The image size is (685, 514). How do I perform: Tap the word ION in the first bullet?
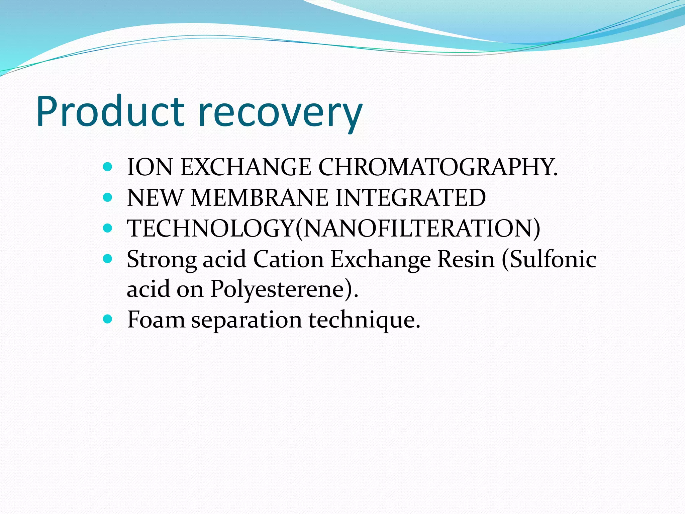point(150,167)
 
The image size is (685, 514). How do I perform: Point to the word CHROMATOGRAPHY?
point(438,167)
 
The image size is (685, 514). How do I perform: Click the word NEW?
point(155,197)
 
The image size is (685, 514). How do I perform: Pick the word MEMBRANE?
point(260,197)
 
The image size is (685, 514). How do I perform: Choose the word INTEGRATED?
point(410,197)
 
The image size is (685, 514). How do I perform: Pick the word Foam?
point(156,319)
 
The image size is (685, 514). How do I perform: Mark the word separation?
point(247,320)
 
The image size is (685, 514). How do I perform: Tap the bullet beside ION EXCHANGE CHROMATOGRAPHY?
point(107,167)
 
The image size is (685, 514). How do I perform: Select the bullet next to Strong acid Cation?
point(107,258)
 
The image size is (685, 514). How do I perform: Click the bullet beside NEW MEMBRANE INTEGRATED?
point(107,197)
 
